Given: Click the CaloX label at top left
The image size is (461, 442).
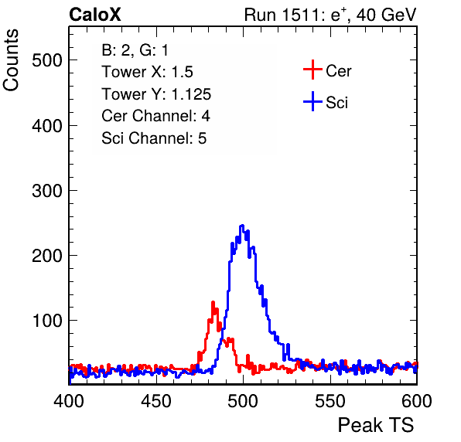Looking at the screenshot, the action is click(x=95, y=15).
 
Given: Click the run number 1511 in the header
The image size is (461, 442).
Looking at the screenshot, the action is click(x=300, y=15).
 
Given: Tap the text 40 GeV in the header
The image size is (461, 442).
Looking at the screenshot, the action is click(x=386, y=15).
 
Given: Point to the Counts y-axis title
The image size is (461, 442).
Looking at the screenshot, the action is click(x=11, y=60).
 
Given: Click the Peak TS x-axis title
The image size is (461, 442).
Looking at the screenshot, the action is click(x=376, y=425).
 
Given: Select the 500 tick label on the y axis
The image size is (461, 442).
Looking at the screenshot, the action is click(x=47, y=61).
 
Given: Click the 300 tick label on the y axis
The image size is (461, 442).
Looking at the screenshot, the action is click(x=47, y=191).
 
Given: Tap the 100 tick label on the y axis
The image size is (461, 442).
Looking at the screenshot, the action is click(x=47, y=321).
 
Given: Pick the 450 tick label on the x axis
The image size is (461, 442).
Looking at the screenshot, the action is click(x=156, y=400).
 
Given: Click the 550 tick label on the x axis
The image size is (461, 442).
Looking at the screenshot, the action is click(x=330, y=400).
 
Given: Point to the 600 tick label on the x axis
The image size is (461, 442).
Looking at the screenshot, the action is click(x=417, y=400).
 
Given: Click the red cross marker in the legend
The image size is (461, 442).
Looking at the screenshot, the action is click(x=312, y=70).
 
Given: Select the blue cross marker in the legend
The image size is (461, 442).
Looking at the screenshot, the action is click(x=312, y=102).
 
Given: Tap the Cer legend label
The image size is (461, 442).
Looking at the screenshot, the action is click(x=338, y=71).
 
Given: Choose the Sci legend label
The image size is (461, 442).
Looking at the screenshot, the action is click(x=337, y=103).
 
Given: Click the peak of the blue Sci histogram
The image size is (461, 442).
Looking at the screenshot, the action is click(x=242, y=226).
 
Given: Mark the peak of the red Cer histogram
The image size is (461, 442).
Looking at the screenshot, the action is click(x=213, y=302).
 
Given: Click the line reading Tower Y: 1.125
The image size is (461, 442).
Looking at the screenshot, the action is click(x=156, y=94).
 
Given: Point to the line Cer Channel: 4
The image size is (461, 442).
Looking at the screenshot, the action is click(x=155, y=116).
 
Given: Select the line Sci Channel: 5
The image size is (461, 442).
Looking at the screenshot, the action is click(x=154, y=138).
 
